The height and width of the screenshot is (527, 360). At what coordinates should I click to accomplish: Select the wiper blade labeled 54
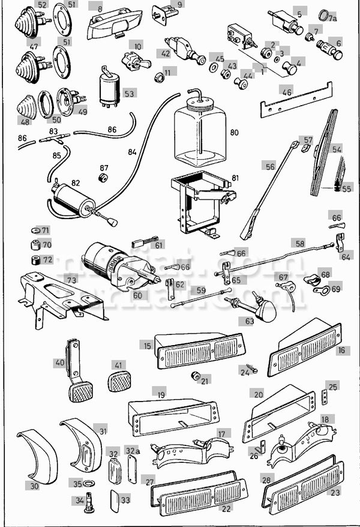click(324, 153)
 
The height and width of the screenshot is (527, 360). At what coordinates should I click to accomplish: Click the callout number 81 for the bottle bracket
click(234, 178)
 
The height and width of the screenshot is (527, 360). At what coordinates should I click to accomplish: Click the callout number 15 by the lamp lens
click(147, 345)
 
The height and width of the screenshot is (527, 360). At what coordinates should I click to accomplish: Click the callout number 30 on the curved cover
click(34, 486)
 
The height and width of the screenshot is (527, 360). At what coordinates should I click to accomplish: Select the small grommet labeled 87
click(103, 179)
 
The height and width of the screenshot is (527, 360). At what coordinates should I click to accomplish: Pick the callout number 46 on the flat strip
click(287, 92)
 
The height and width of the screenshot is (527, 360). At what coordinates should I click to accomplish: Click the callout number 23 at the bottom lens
click(335, 493)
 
